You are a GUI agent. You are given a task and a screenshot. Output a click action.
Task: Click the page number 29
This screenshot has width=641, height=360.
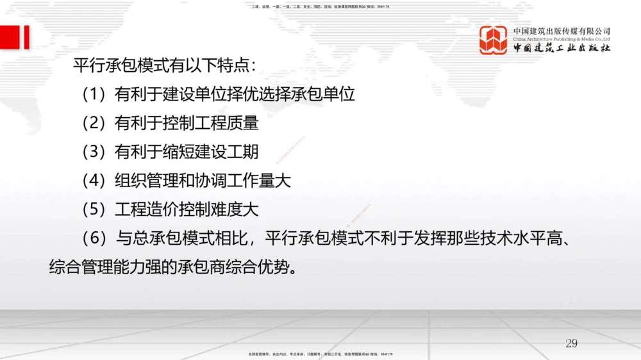(571, 343)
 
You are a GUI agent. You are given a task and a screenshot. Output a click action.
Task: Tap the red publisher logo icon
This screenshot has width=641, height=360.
(493, 40)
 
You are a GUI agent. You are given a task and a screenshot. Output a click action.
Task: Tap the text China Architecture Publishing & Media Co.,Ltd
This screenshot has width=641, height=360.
(562, 39)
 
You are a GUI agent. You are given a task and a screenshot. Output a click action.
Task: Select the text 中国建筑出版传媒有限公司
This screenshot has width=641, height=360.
(562, 31)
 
